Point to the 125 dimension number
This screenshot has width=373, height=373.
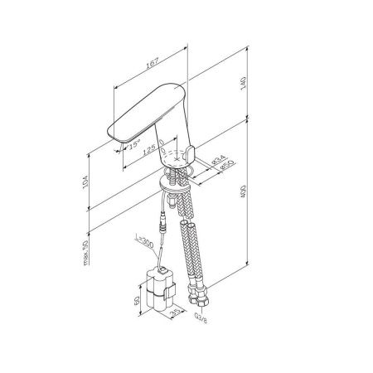tap(150, 150)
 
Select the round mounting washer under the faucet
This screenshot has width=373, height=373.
tap(175, 187)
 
